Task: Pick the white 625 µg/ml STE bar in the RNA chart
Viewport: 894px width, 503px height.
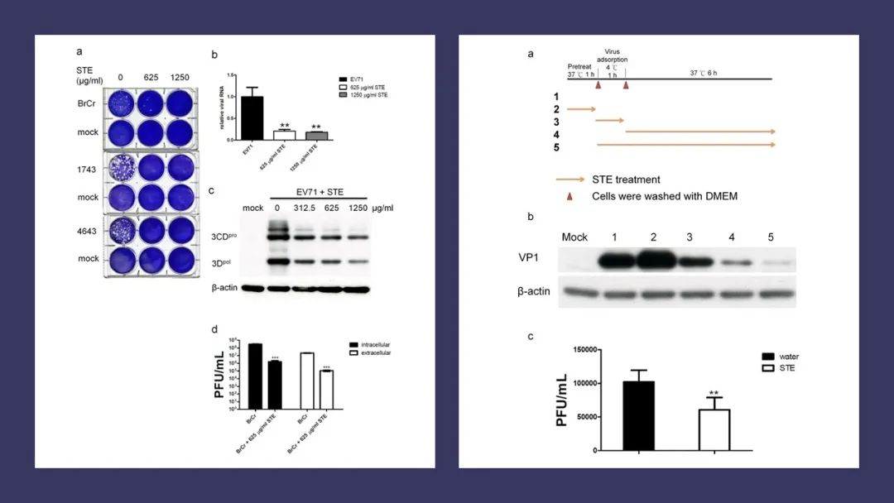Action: pyautogui.click(x=284, y=136)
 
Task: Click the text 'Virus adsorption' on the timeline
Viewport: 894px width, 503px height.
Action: pyautogui.click(x=612, y=55)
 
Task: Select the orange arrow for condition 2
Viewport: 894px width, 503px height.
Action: pyautogui.click(x=583, y=108)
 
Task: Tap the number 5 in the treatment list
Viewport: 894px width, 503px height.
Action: pyautogui.click(x=556, y=147)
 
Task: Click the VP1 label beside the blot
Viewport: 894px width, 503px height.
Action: pyautogui.click(x=577, y=256)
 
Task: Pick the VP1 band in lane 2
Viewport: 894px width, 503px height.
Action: pyautogui.click(x=653, y=261)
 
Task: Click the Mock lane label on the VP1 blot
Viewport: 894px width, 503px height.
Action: pyautogui.click(x=574, y=237)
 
